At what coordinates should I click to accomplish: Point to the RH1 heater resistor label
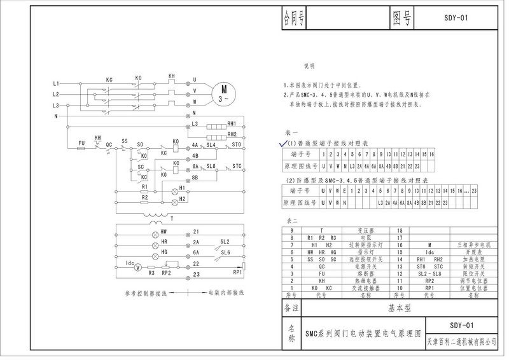click(232, 123)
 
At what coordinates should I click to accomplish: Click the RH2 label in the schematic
click(232, 134)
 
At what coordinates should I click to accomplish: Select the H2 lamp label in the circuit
click(182, 199)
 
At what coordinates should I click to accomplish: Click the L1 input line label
click(56, 84)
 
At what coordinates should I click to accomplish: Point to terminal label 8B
click(196, 177)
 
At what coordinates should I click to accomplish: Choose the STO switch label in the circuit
click(237, 146)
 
